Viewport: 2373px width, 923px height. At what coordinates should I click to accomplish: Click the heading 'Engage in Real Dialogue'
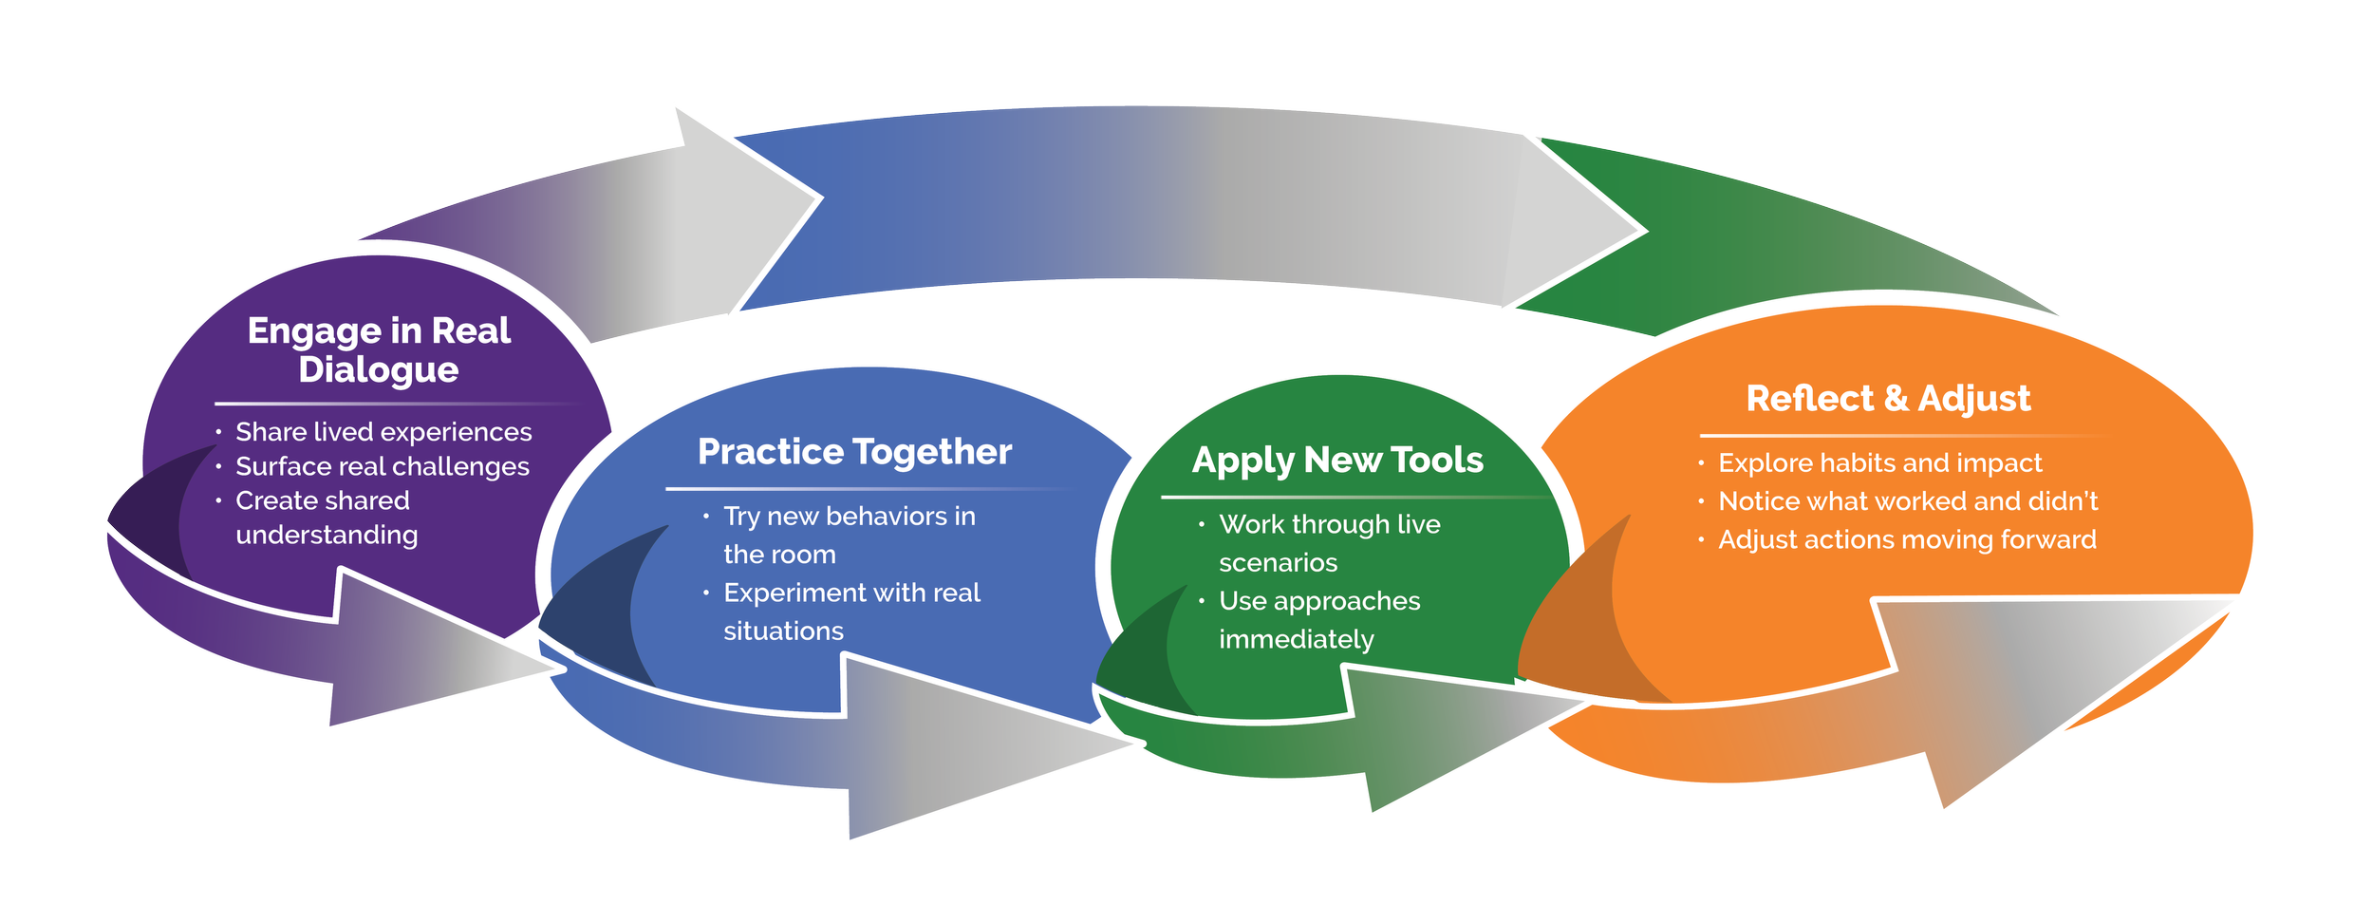click(x=379, y=349)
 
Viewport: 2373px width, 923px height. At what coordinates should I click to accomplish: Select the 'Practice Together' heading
click(x=854, y=452)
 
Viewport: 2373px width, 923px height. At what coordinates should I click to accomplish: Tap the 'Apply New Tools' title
click(x=1337, y=461)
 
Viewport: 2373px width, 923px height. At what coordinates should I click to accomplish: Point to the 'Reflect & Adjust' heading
click(x=1888, y=399)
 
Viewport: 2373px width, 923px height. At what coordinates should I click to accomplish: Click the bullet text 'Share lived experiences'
click(x=383, y=432)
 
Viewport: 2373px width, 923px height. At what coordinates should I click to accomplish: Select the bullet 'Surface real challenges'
click(x=383, y=466)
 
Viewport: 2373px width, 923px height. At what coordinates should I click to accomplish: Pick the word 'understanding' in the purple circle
click(x=327, y=536)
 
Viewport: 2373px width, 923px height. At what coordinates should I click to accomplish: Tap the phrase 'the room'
click(x=779, y=555)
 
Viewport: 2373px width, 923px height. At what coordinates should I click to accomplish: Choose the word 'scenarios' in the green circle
click(x=1278, y=563)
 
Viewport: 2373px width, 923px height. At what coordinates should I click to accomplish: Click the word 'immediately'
click(x=1296, y=640)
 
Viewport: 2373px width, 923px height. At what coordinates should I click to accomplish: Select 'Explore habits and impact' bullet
click(x=1879, y=463)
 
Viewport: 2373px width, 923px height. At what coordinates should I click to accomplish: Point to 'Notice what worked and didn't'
click(x=1908, y=501)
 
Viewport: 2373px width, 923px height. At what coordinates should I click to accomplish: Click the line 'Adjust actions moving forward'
click(x=1907, y=539)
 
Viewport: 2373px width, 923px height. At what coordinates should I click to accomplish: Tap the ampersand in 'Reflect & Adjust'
click(x=1896, y=399)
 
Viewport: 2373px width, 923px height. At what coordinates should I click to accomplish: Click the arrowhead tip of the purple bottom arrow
click(x=560, y=669)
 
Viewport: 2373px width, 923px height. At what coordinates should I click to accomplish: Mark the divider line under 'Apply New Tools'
click(x=1348, y=497)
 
